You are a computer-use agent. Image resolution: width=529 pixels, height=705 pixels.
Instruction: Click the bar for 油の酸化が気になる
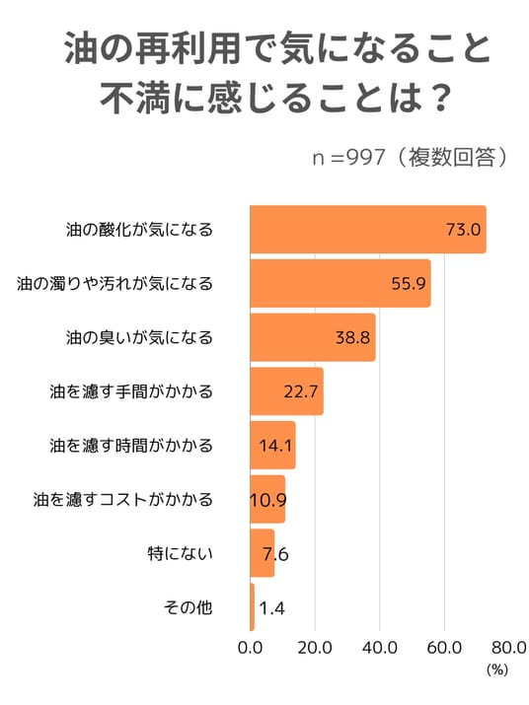pos(368,230)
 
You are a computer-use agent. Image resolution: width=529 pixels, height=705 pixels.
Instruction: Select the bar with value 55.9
pos(340,283)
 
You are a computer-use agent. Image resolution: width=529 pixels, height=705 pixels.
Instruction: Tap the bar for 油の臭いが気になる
pos(313,337)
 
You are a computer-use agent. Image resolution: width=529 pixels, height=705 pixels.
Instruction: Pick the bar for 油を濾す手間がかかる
pos(287,391)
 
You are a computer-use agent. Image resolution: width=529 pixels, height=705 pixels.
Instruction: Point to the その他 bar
pos(252,607)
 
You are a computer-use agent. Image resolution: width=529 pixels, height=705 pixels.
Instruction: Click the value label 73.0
pos(463,230)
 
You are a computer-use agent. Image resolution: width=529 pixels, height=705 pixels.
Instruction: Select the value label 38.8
pos(352,337)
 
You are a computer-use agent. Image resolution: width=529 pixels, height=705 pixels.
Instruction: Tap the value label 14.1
pos(275,446)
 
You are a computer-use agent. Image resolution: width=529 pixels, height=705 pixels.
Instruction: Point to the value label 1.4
pos(272,608)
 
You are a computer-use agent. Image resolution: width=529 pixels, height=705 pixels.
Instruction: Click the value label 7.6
pos(275,554)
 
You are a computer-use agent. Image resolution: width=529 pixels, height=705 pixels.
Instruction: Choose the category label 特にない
pos(180,553)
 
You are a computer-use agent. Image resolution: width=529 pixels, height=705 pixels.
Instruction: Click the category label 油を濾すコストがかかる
pos(123,500)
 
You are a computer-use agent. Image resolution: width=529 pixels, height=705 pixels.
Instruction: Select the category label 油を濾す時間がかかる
pos(131,446)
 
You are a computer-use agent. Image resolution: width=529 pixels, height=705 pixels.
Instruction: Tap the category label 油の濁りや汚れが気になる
pos(114,284)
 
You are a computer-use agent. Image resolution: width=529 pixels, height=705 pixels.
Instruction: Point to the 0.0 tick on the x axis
pos(251,648)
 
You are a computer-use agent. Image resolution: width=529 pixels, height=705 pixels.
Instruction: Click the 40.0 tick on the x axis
pos(380,648)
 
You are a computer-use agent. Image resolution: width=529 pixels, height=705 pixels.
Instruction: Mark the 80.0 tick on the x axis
pos(509,648)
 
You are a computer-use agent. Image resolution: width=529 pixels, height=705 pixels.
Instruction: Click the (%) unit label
pos(497,670)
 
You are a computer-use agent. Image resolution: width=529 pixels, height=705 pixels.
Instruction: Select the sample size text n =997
pos(349,158)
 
